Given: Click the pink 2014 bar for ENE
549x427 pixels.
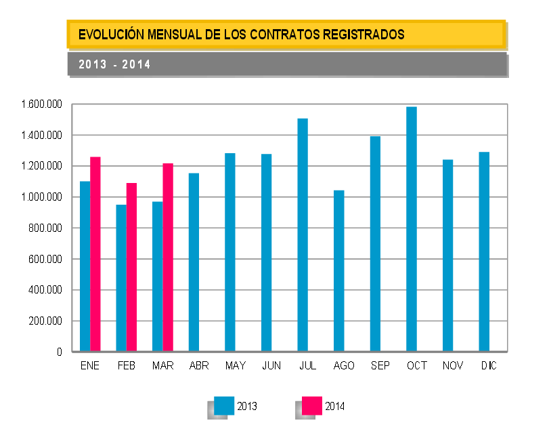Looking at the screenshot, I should [x=95, y=254].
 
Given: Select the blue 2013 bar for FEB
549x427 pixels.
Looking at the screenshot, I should [x=121, y=278].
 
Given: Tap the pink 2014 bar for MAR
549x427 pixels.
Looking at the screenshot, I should [x=168, y=258].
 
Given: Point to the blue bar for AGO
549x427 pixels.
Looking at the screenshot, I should [x=339, y=271].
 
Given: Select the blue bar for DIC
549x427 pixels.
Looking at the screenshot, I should [x=484, y=251].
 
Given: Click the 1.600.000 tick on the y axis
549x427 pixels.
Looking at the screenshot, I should [x=41, y=104].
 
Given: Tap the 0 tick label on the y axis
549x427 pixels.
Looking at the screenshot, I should [x=60, y=352].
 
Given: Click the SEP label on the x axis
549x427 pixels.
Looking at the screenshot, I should [x=380, y=366].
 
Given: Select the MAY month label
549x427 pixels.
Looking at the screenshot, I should [x=236, y=366].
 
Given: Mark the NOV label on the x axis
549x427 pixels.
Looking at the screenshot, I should [x=452, y=366].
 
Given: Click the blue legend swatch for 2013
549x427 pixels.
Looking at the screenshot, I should [x=224, y=405].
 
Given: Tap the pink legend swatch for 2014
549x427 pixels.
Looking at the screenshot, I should [x=312, y=405].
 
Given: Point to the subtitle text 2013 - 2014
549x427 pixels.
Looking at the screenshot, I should [x=114, y=65].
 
